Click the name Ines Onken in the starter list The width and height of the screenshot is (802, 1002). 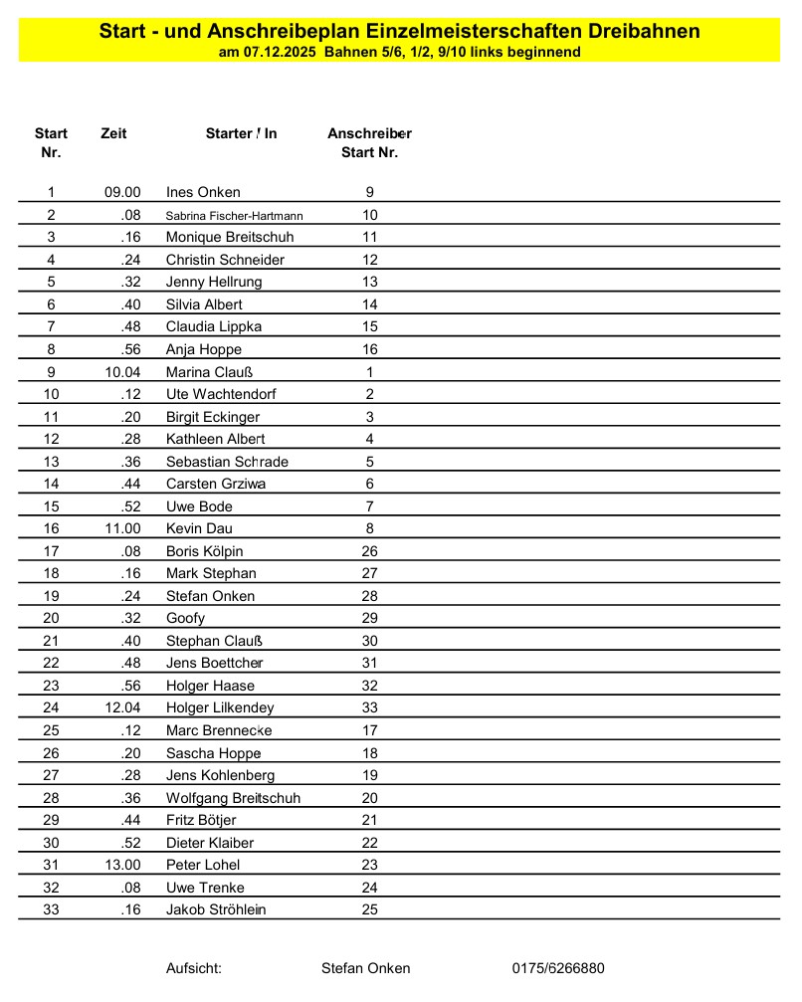(203, 192)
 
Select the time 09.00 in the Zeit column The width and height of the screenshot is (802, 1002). (122, 192)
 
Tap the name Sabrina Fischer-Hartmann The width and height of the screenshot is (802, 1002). (234, 215)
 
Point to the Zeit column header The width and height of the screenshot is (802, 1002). (113, 133)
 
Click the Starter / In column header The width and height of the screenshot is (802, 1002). (241, 133)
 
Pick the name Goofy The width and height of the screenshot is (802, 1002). (185, 618)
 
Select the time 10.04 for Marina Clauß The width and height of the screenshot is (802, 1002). (122, 372)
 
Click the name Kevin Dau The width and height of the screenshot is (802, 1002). (199, 528)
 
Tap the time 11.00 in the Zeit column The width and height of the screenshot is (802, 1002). (122, 528)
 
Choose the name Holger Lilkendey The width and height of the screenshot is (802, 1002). (220, 707)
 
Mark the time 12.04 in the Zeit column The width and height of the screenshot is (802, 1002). (122, 707)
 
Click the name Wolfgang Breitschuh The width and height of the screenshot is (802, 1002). (233, 798)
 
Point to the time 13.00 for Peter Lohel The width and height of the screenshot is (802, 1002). (122, 865)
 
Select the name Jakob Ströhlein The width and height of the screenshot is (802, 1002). (216, 909)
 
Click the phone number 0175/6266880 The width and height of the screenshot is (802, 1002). (558, 968)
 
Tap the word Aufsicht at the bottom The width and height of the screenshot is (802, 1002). (193, 968)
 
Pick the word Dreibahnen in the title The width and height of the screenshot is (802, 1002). (642, 31)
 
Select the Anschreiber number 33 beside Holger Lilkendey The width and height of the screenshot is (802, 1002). (369, 707)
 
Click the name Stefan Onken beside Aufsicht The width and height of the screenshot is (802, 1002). (365, 968)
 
